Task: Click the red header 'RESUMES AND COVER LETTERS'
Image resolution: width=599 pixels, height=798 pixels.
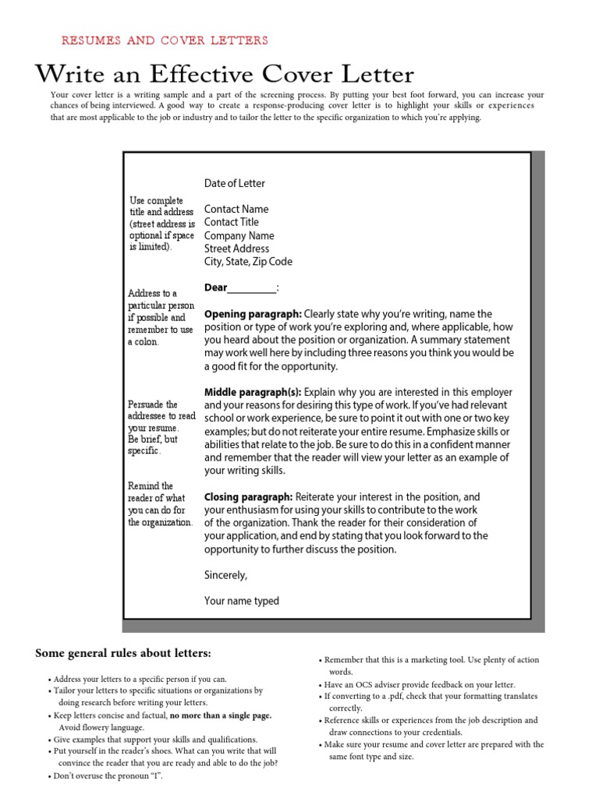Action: pyautogui.click(x=164, y=41)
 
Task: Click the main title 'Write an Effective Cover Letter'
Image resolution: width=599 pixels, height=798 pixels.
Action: pyautogui.click(x=225, y=75)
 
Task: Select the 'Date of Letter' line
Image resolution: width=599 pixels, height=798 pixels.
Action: pyautogui.click(x=235, y=183)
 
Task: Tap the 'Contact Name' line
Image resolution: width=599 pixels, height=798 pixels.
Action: pyautogui.click(x=236, y=209)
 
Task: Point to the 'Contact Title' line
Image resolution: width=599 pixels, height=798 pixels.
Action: pyautogui.click(x=232, y=222)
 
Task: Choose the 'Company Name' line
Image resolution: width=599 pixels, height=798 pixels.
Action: pyautogui.click(x=239, y=235)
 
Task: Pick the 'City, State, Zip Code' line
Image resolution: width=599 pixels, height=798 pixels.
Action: pyautogui.click(x=248, y=262)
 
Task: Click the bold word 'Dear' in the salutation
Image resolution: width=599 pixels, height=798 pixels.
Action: pyautogui.click(x=215, y=288)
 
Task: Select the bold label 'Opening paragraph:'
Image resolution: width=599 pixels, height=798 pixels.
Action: pyautogui.click(x=252, y=314)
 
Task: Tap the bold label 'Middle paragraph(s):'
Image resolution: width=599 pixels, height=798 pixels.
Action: pyautogui.click(x=253, y=392)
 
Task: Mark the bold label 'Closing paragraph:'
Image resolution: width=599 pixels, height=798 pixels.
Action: pyautogui.click(x=248, y=497)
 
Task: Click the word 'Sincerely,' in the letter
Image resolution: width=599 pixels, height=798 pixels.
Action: pyautogui.click(x=225, y=575)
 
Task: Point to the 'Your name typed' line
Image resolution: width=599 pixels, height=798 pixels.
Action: pyautogui.click(x=241, y=601)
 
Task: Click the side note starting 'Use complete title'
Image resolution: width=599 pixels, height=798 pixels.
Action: pyautogui.click(x=162, y=224)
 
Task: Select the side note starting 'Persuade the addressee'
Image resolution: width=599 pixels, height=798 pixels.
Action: pyautogui.click(x=161, y=428)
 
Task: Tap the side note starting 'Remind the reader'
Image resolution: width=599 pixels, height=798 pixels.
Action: pyautogui.click(x=161, y=504)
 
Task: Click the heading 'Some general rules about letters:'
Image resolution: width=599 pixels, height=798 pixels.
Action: pyautogui.click(x=123, y=652)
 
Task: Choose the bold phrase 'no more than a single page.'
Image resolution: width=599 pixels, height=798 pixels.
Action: pyautogui.click(x=221, y=715)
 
